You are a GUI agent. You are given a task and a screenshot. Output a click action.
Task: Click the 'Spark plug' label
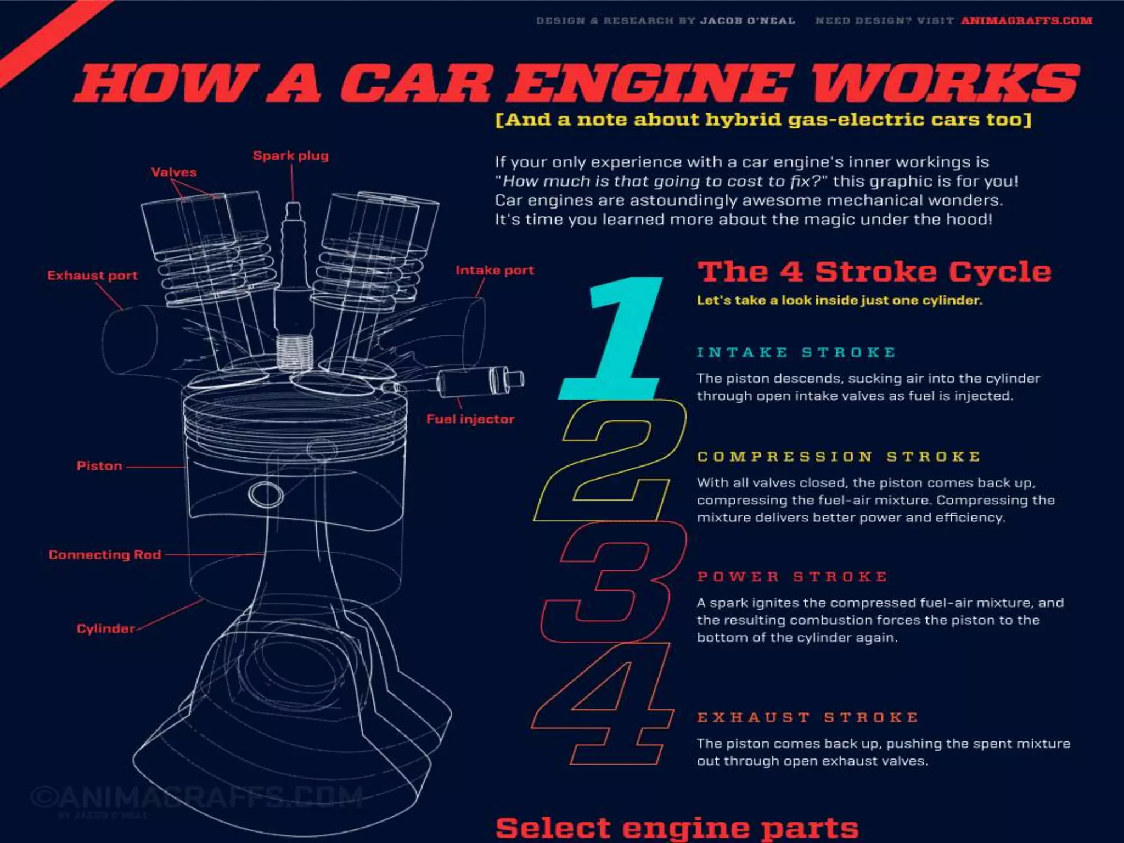click(x=291, y=156)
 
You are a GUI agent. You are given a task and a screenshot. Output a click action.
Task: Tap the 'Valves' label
click(x=174, y=172)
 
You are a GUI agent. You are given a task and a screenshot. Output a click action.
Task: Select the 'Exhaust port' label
click(x=92, y=276)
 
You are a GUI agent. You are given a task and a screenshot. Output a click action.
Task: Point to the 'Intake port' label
click(x=494, y=271)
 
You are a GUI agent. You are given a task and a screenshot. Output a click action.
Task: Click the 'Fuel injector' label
click(x=470, y=419)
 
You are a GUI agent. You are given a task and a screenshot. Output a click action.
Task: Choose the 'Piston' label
click(x=99, y=466)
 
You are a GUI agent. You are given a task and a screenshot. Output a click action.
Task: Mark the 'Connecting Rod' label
click(x=105, y=555)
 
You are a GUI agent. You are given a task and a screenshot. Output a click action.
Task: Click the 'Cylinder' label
click(x=105, y=629)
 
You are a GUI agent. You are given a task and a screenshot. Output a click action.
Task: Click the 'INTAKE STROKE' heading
click(x=796, y=352)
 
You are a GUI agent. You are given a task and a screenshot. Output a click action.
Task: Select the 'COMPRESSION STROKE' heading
click(x=839, y=457)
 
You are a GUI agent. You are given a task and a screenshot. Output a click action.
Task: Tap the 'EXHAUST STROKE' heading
click(x=807, y=717)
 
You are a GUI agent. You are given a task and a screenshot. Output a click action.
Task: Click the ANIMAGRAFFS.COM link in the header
click(x=1026, y=21)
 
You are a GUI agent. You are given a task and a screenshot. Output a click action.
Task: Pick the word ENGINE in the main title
click(x=650, y=83)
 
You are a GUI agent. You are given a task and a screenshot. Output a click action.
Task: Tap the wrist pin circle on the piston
click(x=266, y=494)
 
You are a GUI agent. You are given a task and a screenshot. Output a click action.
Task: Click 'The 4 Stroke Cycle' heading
click(x=874, y=272)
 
